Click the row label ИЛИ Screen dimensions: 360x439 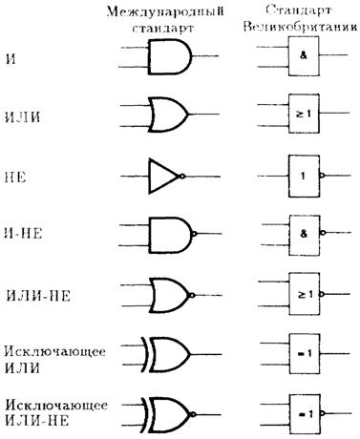23,117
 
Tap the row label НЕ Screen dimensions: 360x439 15,177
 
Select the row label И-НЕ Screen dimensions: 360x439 24,234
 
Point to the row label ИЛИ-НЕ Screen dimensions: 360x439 38,296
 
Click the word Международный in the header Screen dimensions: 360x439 165,12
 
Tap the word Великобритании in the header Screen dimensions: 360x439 300,27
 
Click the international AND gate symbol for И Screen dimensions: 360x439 170,56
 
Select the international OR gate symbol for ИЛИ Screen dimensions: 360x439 169,115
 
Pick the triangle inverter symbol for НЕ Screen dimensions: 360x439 163,176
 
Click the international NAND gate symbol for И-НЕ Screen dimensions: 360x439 170,234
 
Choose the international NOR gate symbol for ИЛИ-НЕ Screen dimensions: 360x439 170,296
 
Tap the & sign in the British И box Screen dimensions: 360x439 304,55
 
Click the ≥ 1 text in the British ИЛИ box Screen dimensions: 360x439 304,114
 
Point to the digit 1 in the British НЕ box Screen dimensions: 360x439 303,176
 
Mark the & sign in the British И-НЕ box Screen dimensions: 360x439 304,234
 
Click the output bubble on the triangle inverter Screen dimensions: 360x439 182,176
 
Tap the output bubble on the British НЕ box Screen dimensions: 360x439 323,176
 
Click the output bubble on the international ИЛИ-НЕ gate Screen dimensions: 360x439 192,296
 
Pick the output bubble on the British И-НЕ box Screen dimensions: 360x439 324,233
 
